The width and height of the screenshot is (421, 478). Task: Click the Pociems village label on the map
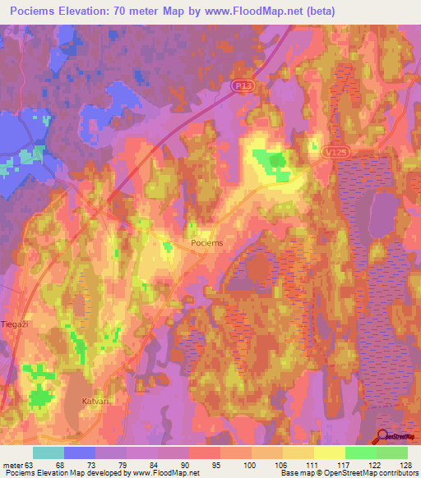[x=206, y=244]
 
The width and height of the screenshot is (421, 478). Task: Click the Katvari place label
[x=95, y=401]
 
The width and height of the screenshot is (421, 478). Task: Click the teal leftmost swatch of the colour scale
[x=48, y=453]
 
